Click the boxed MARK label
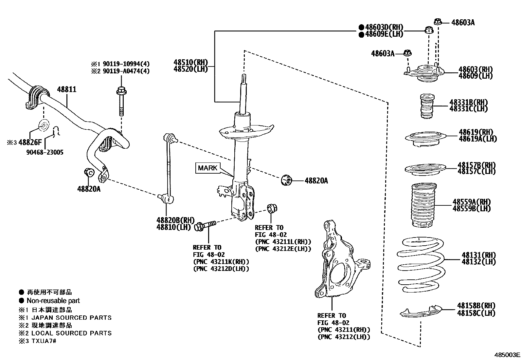point(207,168)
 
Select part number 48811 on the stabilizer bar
point(67,89)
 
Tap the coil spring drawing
point(421,265)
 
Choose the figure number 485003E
point(507,355)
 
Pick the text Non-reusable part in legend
point(53,301)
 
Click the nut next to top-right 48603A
point(438,22)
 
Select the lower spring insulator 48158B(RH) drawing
point(421,312)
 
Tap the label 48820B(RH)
point(175,220)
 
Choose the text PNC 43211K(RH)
point(221,262)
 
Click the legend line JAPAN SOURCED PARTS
point(71,317)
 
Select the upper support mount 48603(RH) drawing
point(424,74)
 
